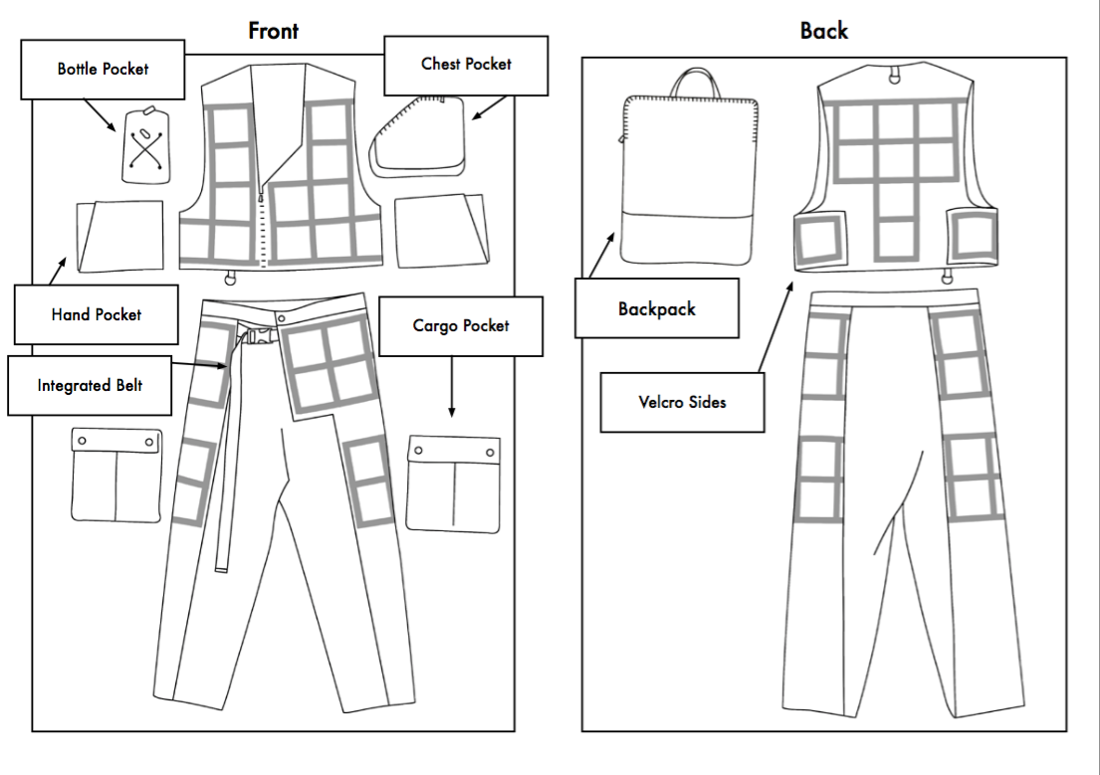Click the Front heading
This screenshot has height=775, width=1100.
273,31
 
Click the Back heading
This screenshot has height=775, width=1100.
823,31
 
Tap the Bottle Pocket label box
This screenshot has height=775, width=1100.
103,70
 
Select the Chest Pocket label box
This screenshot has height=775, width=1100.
466,65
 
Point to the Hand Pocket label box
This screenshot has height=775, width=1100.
96,314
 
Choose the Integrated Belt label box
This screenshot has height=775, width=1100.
90,385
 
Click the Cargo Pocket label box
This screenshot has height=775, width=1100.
461,326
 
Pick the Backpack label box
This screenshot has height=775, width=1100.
657,308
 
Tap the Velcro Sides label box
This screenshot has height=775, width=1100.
682,403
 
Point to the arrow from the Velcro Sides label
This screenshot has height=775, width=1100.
774,327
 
